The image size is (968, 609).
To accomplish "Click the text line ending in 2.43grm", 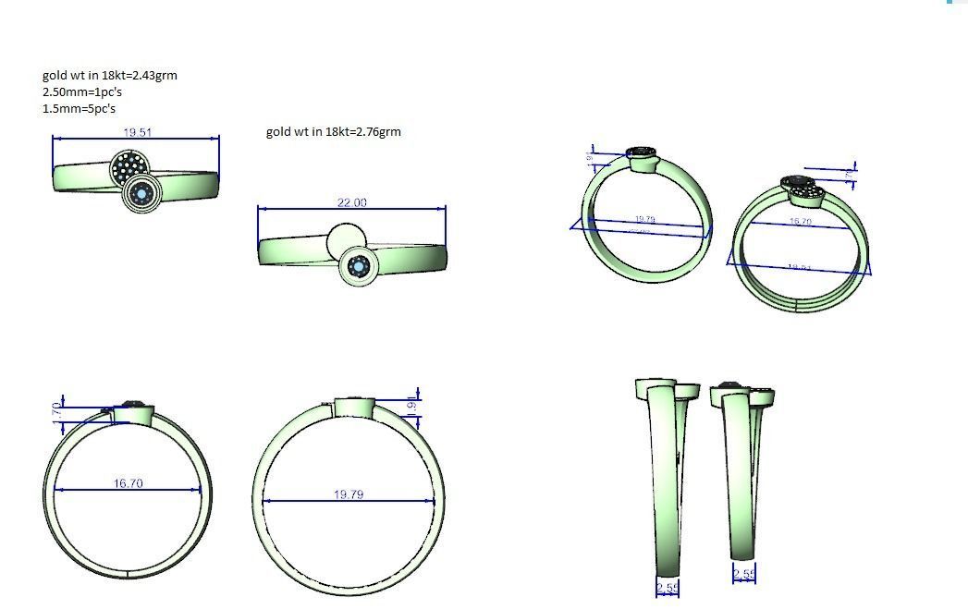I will click(x=109, y=76).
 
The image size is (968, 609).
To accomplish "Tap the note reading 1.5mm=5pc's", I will click(x=79, y=109).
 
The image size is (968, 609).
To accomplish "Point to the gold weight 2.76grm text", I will click(x=333, y=131).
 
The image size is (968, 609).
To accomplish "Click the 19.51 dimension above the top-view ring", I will click(x=137, y=133).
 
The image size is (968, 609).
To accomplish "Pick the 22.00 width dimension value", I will click(x=351, y=203).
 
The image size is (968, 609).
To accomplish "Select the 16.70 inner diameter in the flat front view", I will click(x=128, y=483).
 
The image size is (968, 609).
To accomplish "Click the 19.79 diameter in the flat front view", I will click(x=349, y=495).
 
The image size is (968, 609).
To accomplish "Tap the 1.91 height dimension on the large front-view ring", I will click(x=412, y=406).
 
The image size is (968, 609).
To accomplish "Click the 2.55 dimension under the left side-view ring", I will click(x=667, y=588).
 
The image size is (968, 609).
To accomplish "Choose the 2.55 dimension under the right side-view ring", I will click(x=743, y=575).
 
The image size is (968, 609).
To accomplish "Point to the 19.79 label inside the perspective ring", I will click(x=644, y=220).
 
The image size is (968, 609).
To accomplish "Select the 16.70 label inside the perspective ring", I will click(x=801, y=223).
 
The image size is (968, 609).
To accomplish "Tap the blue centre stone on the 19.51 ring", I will click(x=141, y=193).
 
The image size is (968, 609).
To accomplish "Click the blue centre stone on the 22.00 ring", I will click(x=359, y=267).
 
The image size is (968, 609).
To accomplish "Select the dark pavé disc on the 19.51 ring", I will click(x=129, y=167).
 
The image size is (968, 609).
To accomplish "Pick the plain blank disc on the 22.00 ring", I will click(x=344, y=240).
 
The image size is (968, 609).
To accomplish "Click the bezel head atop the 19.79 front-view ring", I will click(x=353, y=407).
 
